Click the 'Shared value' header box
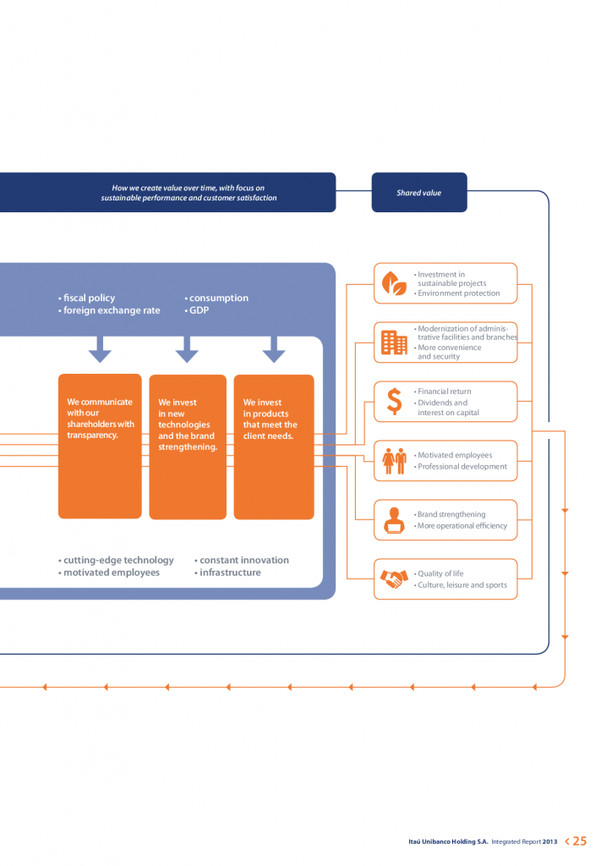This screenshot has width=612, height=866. pyautogui.click(x=419, y=193)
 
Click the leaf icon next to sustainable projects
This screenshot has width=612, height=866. pyautogui.click(x=394, y=283)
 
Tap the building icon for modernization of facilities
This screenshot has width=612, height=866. pyautogui.click(x=394, y=343)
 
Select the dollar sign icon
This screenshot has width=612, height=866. pyautogui.click(x=394, y=402)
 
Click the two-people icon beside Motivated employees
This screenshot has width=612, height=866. pyautogui.click(x=394, y=461)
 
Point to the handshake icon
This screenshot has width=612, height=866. pyautogui.click(x=394, y=579)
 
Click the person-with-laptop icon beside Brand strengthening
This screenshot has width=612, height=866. pyautogui.click(x=394, y=520)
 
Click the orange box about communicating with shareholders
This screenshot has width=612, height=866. pyautogui.click(x=100, y=446)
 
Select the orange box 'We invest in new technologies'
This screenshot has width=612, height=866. pyautogui.click(x=188, y=447)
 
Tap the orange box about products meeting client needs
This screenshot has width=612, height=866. pyautogui.click(x=274, y=447)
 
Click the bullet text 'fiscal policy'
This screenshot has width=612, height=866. pyautogui.click(x=89, y=298)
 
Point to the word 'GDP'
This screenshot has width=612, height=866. pyautogui.click(x=199, y=310)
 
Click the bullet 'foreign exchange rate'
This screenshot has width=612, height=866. pyautogui.click(x=112, y=310)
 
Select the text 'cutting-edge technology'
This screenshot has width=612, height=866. pyautogui.click(x=118, y=560)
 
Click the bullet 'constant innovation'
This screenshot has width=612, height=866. pyautogui.click(x=243, y=560)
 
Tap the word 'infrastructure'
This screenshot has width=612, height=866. pyautogui.click(x=230, y=573)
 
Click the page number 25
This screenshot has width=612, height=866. pyautogui.click(x=579, y=841)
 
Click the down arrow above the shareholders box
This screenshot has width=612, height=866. pyautogui.click(x=100, y=348)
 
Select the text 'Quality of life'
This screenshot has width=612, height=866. pyautogui.click(x=440, y=573)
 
